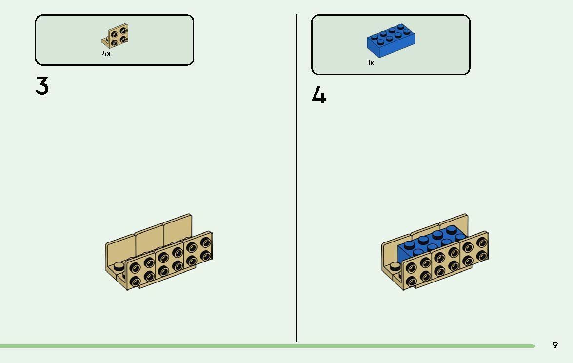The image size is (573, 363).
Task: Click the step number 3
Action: [42, 85]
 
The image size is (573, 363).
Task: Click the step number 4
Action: [318, 95]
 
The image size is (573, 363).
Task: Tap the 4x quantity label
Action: [106, 54]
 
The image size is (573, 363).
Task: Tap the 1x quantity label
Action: [371, 63]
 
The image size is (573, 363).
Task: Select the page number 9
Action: [555, 345]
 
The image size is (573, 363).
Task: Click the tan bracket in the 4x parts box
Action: [115, 36]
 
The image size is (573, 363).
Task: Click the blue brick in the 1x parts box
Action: [391, 40]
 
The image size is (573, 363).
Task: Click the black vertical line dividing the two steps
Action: [296, 178]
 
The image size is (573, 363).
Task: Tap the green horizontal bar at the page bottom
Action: [268, 346]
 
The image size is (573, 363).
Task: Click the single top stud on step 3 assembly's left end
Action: [119, 266]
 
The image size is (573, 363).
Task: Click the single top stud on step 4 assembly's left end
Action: [395, 266]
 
